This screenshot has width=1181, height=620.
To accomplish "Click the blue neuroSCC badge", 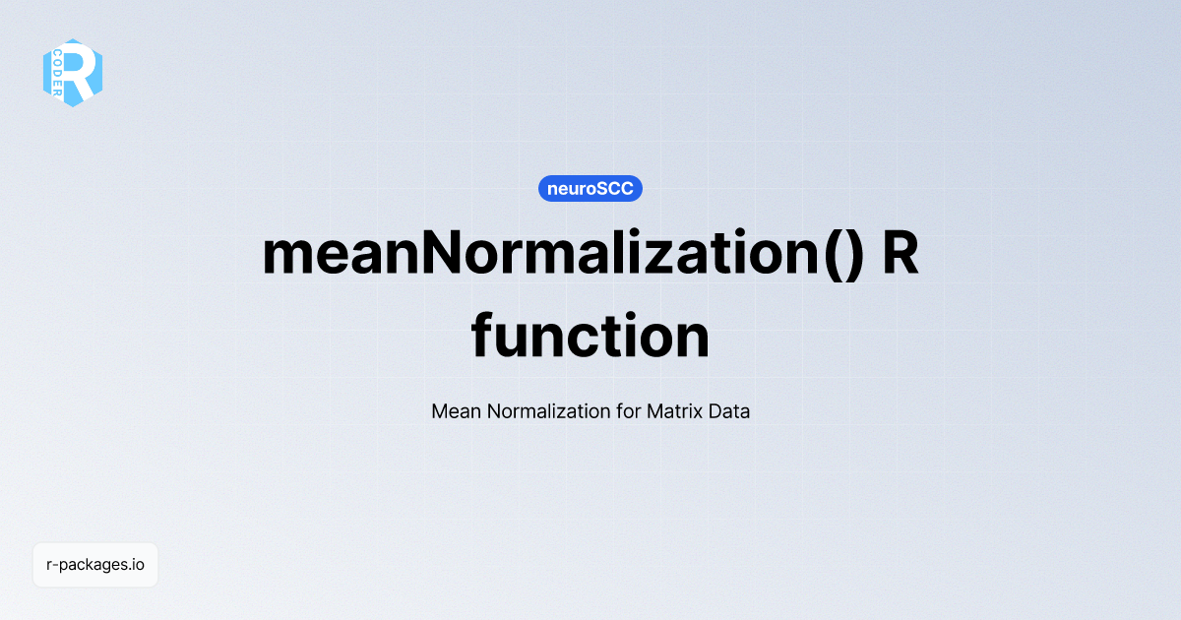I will pyautogui.click(x=590, y=188).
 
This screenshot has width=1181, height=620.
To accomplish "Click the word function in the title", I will pyautogui.click(x=590, y=337).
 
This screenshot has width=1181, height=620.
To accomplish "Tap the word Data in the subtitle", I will pyautogui.click(x=729, y=411).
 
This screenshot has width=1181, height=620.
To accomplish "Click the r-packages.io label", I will pyautogui.click(x=95, y=565).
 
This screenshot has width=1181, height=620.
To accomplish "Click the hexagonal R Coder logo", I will pyautogui.click(x=73, y=72).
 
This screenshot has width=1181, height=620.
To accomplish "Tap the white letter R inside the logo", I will pyautogui.click(x=82, y=72).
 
